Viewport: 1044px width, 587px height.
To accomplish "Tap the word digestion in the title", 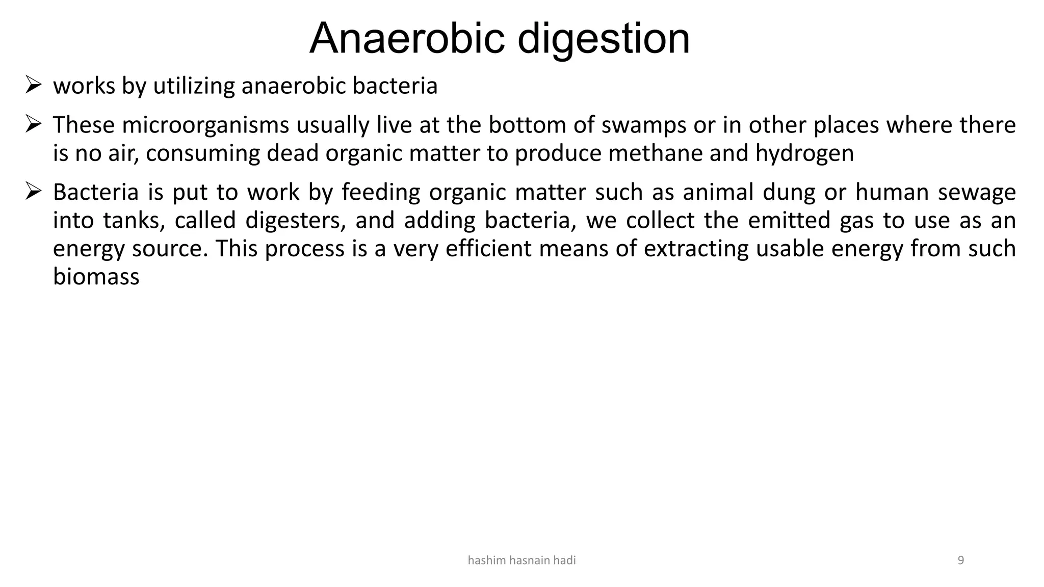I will coord(604,40).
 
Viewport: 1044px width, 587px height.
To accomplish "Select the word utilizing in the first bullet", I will coord(194,86).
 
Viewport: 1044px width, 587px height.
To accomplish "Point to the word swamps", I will coord(644,126).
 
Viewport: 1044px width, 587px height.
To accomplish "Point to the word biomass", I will coord(96,277).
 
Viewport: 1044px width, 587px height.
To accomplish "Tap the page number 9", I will coord(961,561).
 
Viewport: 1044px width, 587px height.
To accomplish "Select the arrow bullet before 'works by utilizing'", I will coord(33,85).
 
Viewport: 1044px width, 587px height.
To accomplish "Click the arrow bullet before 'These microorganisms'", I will coord(33,124).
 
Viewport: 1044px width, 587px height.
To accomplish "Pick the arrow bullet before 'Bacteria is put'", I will coord(33,192).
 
